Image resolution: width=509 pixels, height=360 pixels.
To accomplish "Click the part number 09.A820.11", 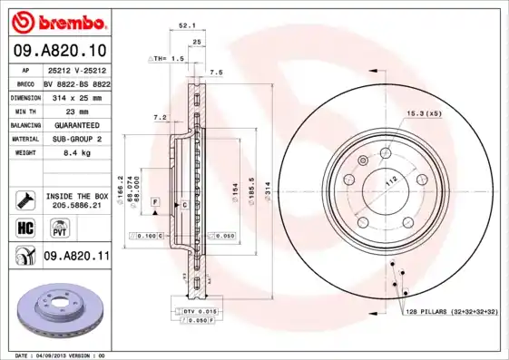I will coord(76,257).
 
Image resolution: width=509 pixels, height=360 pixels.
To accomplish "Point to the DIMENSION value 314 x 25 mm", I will coord(78,97).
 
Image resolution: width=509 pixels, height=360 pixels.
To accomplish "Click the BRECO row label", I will coord(25,83).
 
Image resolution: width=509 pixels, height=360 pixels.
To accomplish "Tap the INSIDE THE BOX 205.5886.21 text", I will coord(77,200).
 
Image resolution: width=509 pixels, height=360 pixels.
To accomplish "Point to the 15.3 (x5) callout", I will coord(423,113).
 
